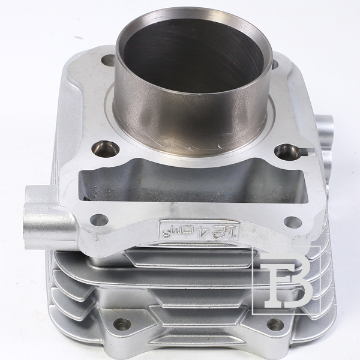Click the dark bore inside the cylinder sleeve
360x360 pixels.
pyautogui.click(x=193, y=55)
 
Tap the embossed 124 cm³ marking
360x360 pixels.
pyautogui.click(x=199, y=230)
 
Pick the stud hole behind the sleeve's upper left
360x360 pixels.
pyautogui.click(x=108, y=60)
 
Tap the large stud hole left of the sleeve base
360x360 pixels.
pyautogui.click(x=106, y=149)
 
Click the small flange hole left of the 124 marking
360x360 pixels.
pyautogui.click(x=99, y=220)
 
